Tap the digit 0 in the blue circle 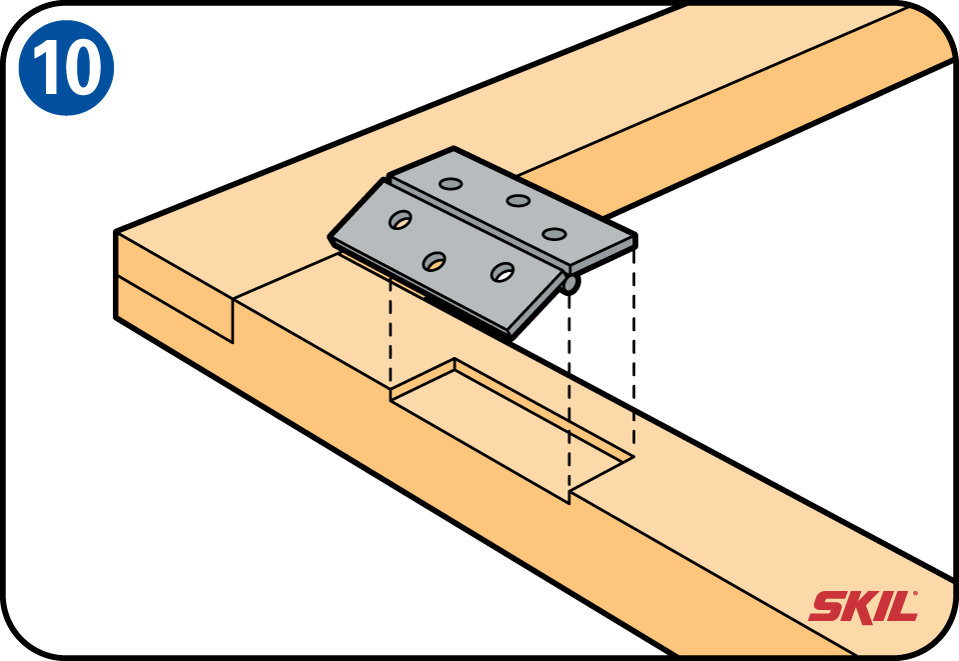coord(81,69)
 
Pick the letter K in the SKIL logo coord(859,606)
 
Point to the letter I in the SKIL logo coord(881,606)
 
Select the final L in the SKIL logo coord(901,607)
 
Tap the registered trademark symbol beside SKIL coord(915,593)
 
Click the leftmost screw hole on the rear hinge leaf coord(451,184)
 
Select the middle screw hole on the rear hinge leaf coord(518,200)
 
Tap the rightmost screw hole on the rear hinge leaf coord(554,234)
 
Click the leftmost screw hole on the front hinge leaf coord(400,219)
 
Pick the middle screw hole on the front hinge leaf coord(435,261)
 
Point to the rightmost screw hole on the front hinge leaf coord(502,272)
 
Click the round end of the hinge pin coord(570,283)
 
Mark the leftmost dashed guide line coord(390,334)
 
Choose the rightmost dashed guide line coord(633,349)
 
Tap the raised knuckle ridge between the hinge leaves coord(478,225)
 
